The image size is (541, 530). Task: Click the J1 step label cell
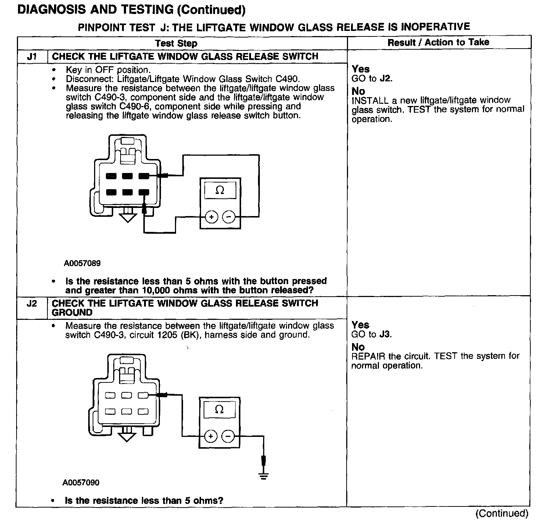[32, 57]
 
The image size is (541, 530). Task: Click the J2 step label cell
[32, 304]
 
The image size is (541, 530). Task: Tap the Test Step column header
[176, 43]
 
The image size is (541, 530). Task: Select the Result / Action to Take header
[438, 42]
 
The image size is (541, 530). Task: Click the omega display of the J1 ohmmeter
[220, 190]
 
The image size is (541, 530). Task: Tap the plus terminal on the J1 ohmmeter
[211, 217]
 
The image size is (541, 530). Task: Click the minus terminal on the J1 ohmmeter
[229, 217]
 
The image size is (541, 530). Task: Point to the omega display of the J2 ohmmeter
[219, 409]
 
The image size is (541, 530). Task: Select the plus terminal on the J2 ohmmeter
[211, 437]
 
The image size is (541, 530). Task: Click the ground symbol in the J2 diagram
[264, 476]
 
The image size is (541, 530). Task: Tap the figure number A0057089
[82, 264]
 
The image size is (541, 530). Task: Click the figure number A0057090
[81, 483]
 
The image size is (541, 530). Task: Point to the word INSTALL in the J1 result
[370, 100]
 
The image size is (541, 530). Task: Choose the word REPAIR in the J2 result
[368, 356]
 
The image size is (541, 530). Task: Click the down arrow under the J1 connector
[127, 217]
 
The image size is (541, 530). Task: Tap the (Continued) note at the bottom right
[502, 513]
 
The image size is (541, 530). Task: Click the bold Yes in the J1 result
[361, 69]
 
